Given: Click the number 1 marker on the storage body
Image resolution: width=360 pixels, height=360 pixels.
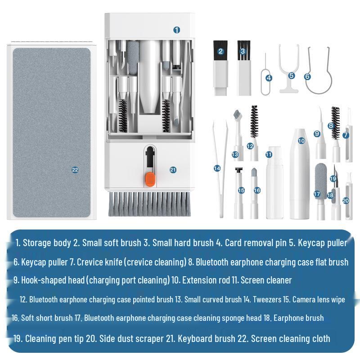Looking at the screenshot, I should tap(176, 30).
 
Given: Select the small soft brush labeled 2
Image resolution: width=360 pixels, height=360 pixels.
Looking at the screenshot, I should tap(220, 67).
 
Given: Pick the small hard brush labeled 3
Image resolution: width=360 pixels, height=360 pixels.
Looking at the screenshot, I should tap(243, 67).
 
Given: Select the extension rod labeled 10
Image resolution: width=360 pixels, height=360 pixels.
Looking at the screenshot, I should tap(301, 175).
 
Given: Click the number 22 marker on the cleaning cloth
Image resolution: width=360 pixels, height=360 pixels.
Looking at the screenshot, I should tap(75, 170).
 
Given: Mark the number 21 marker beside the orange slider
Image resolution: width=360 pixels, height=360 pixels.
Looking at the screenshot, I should tap(173, 170).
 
